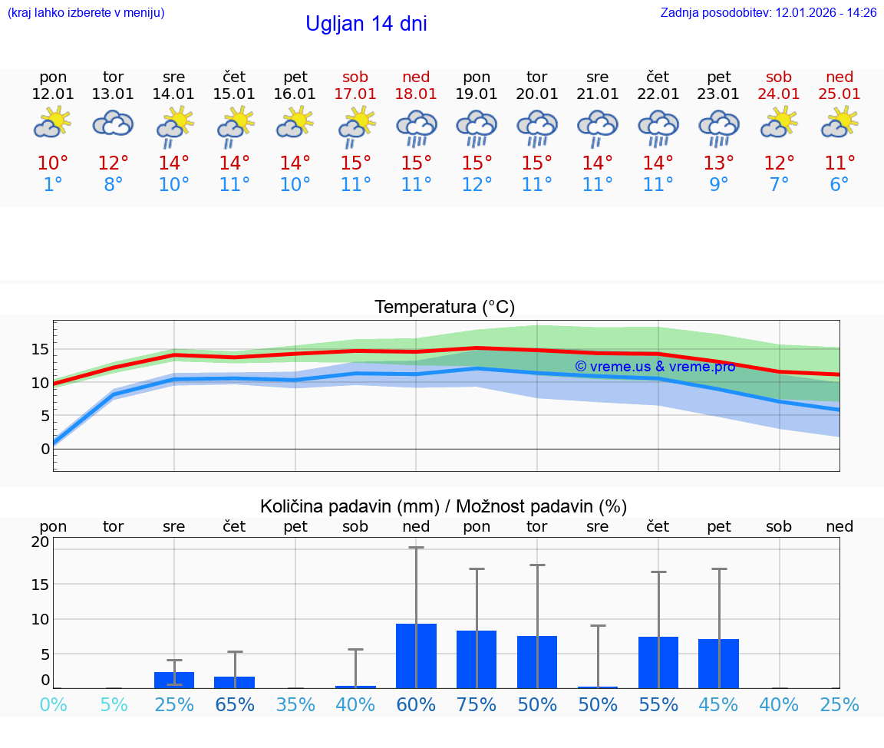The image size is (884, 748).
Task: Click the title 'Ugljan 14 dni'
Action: coord(366,24)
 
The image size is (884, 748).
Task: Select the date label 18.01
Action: coord(416,94)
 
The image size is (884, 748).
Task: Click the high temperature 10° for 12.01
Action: coord(53,163)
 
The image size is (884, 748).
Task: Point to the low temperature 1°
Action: coord(53,185)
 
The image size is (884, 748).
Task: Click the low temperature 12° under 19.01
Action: coord(477,185)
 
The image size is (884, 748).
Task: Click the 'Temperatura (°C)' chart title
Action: coord(444,308)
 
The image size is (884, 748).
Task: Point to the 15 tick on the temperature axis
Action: coord(41,349)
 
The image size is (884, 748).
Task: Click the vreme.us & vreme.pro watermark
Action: coord(655,367)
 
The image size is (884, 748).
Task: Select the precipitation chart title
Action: coord(444,506)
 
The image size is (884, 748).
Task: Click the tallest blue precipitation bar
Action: coord(416,656)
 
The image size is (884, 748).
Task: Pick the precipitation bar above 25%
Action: coord(174,680)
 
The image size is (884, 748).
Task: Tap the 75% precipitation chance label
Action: coord(477,704)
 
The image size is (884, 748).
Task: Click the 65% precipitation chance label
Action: coord(235,704)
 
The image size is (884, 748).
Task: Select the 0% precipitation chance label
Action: coord(53,704)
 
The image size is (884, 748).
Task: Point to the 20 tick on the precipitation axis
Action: coord(41,542)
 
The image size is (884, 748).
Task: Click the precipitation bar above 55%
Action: coord(658,662)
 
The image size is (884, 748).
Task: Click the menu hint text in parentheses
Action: coord(86,13)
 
